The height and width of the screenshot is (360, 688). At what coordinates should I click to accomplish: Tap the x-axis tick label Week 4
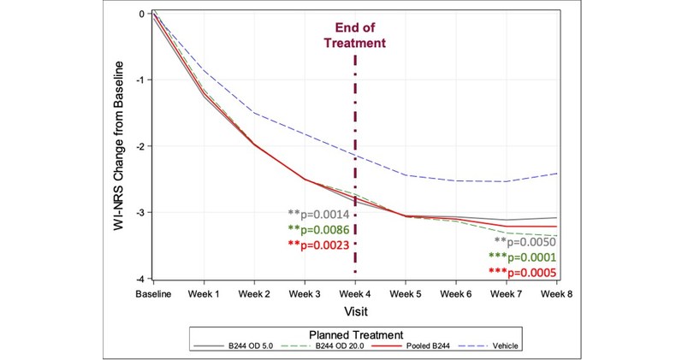pos(354,294)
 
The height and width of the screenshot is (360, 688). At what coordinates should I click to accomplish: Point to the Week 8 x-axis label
pos(556,294)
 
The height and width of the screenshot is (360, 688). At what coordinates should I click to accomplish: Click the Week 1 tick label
pos(203,294)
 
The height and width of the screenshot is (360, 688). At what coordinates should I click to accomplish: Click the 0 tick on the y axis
pos(139,14)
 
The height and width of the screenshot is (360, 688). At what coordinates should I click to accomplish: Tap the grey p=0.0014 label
pos(318,214)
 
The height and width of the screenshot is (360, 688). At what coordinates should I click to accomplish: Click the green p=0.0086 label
pos(318,229)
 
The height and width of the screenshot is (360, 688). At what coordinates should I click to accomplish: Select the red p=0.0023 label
pos(318,245)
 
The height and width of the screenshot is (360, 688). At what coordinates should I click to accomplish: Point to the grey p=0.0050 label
pos(528,242)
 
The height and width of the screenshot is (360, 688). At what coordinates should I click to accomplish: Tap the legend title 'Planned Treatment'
pos(353,333)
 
